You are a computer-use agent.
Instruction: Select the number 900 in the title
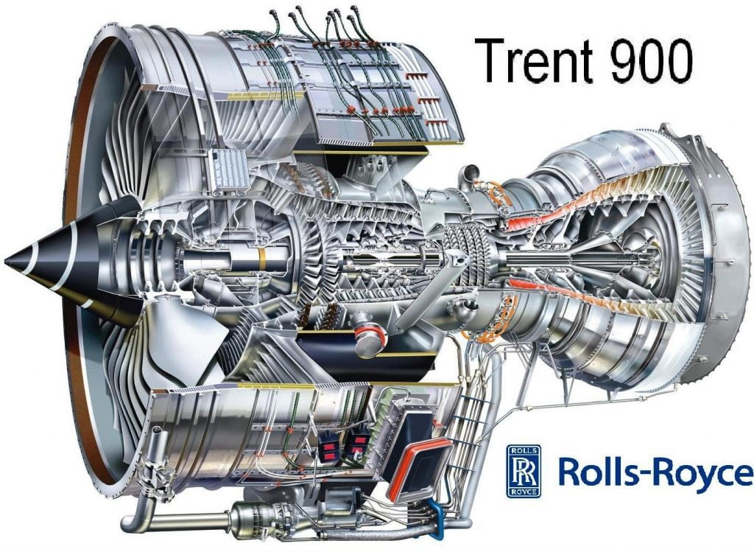click(x=652, y=60)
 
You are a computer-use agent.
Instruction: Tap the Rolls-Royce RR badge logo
click(x=524, y=471)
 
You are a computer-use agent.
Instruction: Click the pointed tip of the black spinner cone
click(x=6, y=262)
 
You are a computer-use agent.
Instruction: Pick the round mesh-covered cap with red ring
click(x=370, y=340)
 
